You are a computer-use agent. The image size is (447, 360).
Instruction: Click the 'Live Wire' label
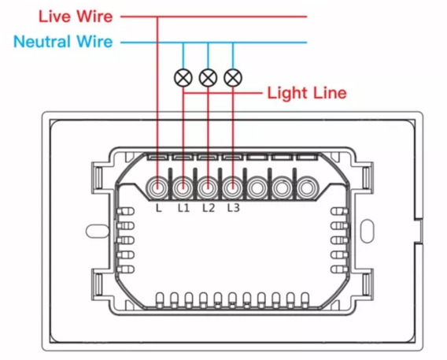pyautogui.click(x=76, y=17)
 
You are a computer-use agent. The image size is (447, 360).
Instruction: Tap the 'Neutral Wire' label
pyautogui.click(x=63, y=42)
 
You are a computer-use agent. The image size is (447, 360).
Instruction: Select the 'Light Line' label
pyautogui.click(x=307, y=93)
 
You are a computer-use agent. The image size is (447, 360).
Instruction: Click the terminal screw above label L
pyautogui.click(x=157, y=187)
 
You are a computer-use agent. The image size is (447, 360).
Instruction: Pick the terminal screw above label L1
pyautogui.click(x=183, y=187)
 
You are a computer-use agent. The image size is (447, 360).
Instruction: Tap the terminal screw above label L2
pyautogui.click(x=208, y=187)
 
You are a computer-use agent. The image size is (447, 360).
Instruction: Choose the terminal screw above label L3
pyautogui.click(x=233, y=187)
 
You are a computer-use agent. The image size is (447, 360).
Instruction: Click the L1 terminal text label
pyautogui.click(x=183, y=208)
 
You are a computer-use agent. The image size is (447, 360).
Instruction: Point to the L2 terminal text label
pyautogui.click(x=209, y=208)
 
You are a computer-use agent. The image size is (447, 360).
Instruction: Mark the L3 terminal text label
pyautogui.click(x=234, y=208)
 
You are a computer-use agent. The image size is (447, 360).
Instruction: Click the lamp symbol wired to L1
pyautogui.click(x=183, y=78)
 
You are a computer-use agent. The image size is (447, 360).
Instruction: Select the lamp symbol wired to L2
pyautogui.click(x=208, y=78)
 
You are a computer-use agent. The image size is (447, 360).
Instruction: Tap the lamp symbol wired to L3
pyautogui.click(x=233, y=78)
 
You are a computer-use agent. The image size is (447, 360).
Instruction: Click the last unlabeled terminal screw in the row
pyautogui.click(x=307, y=187)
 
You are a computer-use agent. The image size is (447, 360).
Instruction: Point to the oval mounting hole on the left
pyautogui.click(x=98, y=231)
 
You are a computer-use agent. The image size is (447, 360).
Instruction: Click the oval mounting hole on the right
pyautogui.click(x=368, y=231)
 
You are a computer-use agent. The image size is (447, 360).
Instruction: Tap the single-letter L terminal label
pyautogui.click(x=159, y=208)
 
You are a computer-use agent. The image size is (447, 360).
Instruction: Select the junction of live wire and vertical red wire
pyautogui.click(x=157, y=17)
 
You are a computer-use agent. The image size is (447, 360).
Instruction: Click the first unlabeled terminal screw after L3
pyautogui.click(x=257, y=187)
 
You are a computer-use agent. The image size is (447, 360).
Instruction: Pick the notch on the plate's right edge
pyautogui.click(x=418, y=231)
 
